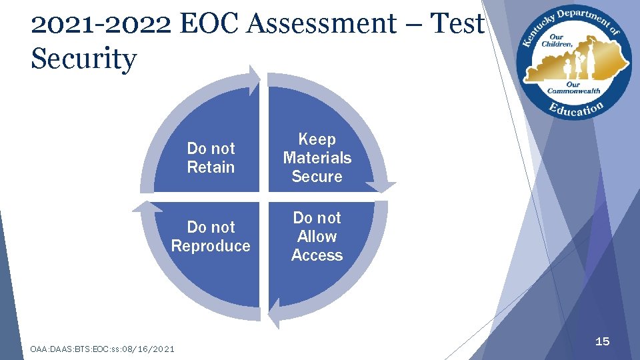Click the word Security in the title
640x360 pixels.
(83, 59)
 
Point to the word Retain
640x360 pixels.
(211, 167)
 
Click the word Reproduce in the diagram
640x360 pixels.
(211, 246)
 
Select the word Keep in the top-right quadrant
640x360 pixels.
(317, 139)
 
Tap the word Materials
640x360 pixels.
(317, 158)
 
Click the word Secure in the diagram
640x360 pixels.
(317, 177)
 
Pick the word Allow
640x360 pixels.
(317, 237)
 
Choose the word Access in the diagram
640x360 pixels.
(317, 255)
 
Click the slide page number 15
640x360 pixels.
(602, 341)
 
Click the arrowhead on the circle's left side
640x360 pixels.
(146, 205)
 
